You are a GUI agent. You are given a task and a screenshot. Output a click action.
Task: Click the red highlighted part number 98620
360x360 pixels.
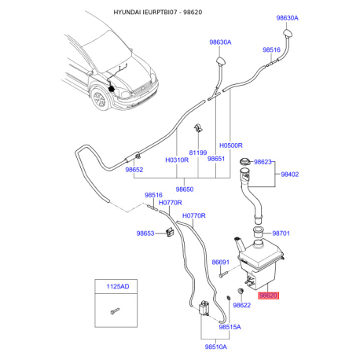269,296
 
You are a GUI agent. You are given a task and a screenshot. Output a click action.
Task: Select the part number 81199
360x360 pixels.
197,152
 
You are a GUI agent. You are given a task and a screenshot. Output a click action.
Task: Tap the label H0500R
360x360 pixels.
231,146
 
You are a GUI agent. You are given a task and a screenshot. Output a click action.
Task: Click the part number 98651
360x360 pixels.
216,159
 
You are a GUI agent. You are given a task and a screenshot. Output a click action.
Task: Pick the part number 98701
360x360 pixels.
281,233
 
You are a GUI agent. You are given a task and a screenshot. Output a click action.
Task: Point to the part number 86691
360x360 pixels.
221,263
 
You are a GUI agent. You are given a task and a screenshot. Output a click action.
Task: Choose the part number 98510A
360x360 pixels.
215,346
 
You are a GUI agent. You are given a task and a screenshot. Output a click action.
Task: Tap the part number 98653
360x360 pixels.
146,233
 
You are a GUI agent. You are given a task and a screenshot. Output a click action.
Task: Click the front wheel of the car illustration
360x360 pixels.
99,100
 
